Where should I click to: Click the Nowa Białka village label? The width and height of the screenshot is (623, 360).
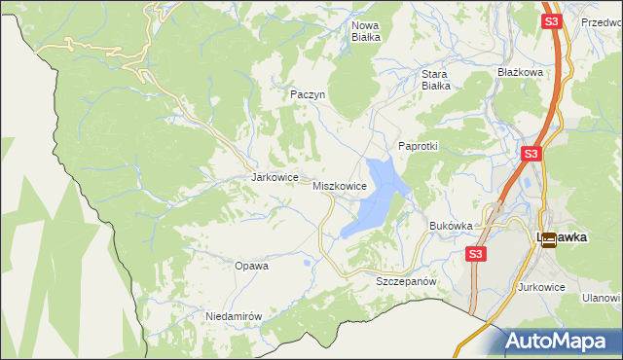(365, 31)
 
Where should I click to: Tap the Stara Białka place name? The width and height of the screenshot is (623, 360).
(434, 79)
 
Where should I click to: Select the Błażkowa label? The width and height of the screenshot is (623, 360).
(519, 72)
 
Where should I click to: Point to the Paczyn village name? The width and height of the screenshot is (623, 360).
(307, 94)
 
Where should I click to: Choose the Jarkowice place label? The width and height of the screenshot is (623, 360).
(274, 178)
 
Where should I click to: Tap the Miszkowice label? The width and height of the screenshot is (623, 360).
(339, 185)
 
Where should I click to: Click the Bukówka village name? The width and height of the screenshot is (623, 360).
(451, 226)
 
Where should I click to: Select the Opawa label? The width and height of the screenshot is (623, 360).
(251, 265)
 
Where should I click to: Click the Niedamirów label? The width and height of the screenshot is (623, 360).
(235, 316)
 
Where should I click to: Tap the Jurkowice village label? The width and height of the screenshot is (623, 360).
(542, 288)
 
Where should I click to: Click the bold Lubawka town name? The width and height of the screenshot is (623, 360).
(566, 236)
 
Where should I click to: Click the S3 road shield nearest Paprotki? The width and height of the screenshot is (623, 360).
(531, 154)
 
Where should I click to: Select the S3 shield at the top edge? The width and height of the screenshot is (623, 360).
(551, 20)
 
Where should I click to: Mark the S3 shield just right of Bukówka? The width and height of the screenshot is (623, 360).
(475, 254)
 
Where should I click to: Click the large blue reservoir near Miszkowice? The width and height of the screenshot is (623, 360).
(375, 199)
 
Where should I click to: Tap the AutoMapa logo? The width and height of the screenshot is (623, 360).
(561, 342)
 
